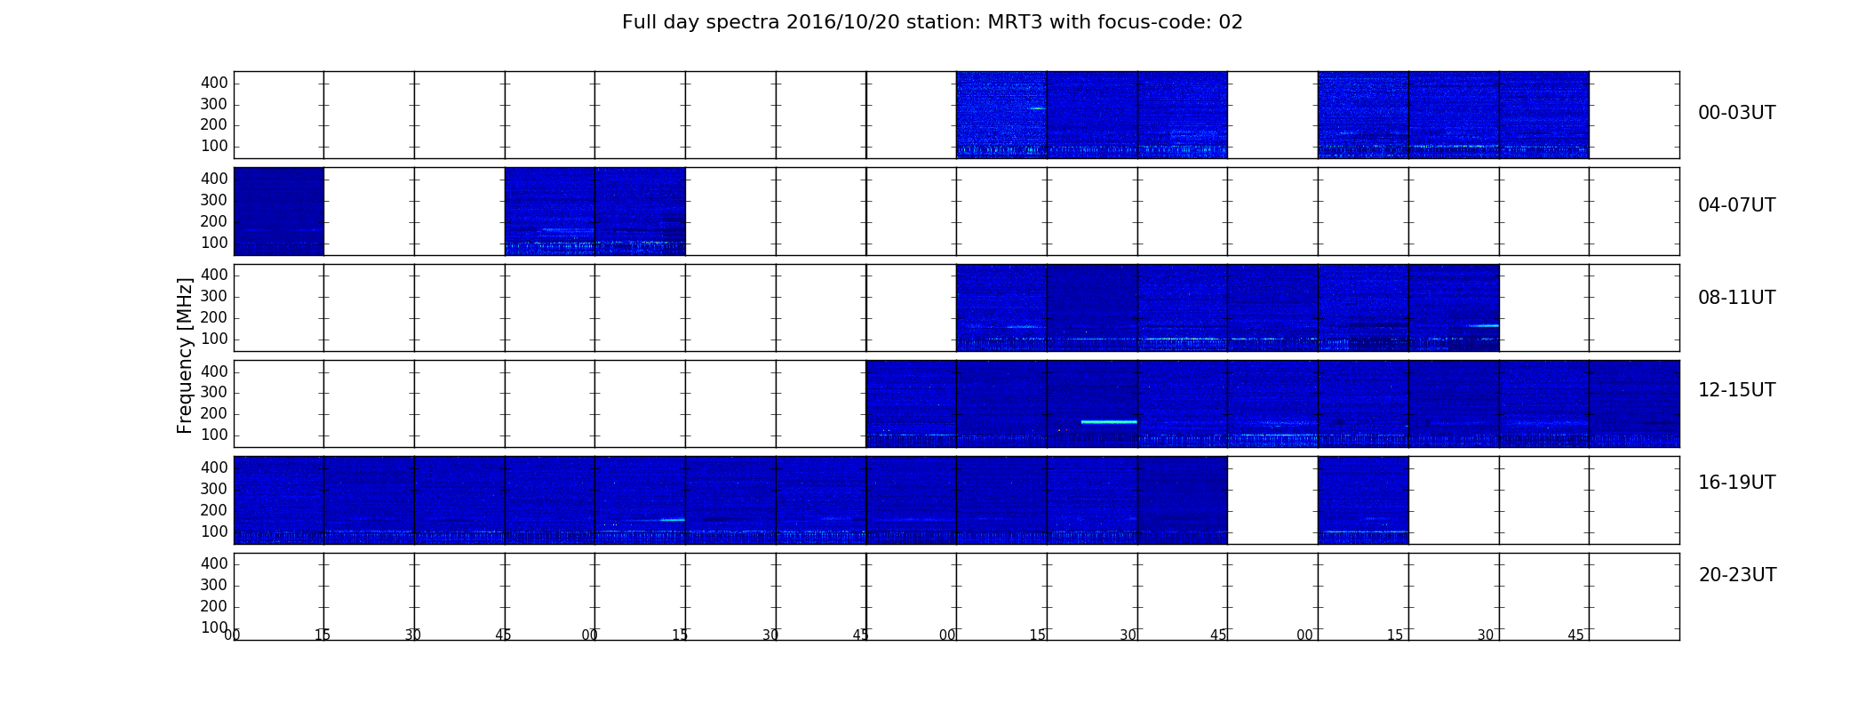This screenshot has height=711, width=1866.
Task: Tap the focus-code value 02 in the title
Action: (1231, 22)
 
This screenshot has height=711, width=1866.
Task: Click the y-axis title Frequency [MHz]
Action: (185, 355)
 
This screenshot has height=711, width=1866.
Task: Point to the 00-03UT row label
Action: (1737, 113)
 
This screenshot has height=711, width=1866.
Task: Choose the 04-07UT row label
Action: (1737, 205)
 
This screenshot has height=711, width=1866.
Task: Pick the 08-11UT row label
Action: (1737, 298)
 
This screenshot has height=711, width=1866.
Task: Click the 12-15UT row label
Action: (1737, 390)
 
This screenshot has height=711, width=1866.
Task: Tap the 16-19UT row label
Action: (1737, 483)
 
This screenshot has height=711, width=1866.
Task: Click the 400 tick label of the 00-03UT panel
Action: (214, 83)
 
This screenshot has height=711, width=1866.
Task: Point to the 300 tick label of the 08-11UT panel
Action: (214, 297)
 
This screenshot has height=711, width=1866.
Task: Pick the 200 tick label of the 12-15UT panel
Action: (214, 414)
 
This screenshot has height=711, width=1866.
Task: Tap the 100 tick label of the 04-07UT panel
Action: (214, 243)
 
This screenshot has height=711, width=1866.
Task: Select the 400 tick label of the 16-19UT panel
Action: (214, 467)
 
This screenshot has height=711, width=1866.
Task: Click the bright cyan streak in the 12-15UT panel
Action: (1109, 421)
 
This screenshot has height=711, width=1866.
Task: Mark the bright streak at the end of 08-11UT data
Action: (1483, 325)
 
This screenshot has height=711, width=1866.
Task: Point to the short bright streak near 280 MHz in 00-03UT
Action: (1036, 108)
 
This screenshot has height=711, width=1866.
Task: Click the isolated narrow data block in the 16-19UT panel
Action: (1363, 499)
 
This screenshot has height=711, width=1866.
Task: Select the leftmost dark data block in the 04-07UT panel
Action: (278, 212)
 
